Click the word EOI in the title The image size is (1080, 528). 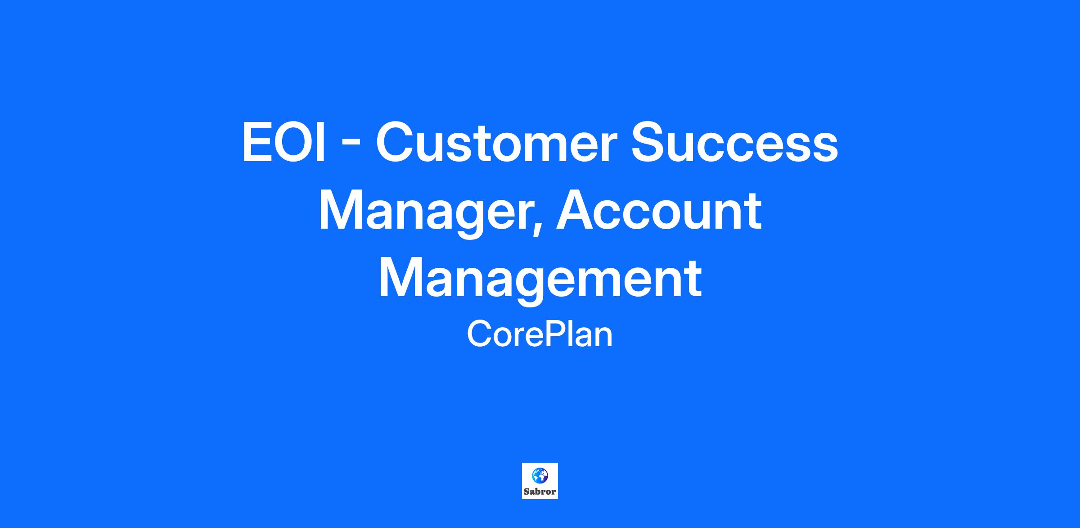[x=283, y=143]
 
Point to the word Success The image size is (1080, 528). [x=734, y=143]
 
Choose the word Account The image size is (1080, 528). [x=659, y=210]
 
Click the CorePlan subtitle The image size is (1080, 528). [x=540, y=334]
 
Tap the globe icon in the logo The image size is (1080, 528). [x=540, y=475]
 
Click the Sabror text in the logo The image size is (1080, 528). [x=540, y=492]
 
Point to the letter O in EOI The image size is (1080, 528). [x=292, y=143]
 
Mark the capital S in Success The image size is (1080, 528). [x=649, y=143]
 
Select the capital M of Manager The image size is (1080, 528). [x=342, y=210]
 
